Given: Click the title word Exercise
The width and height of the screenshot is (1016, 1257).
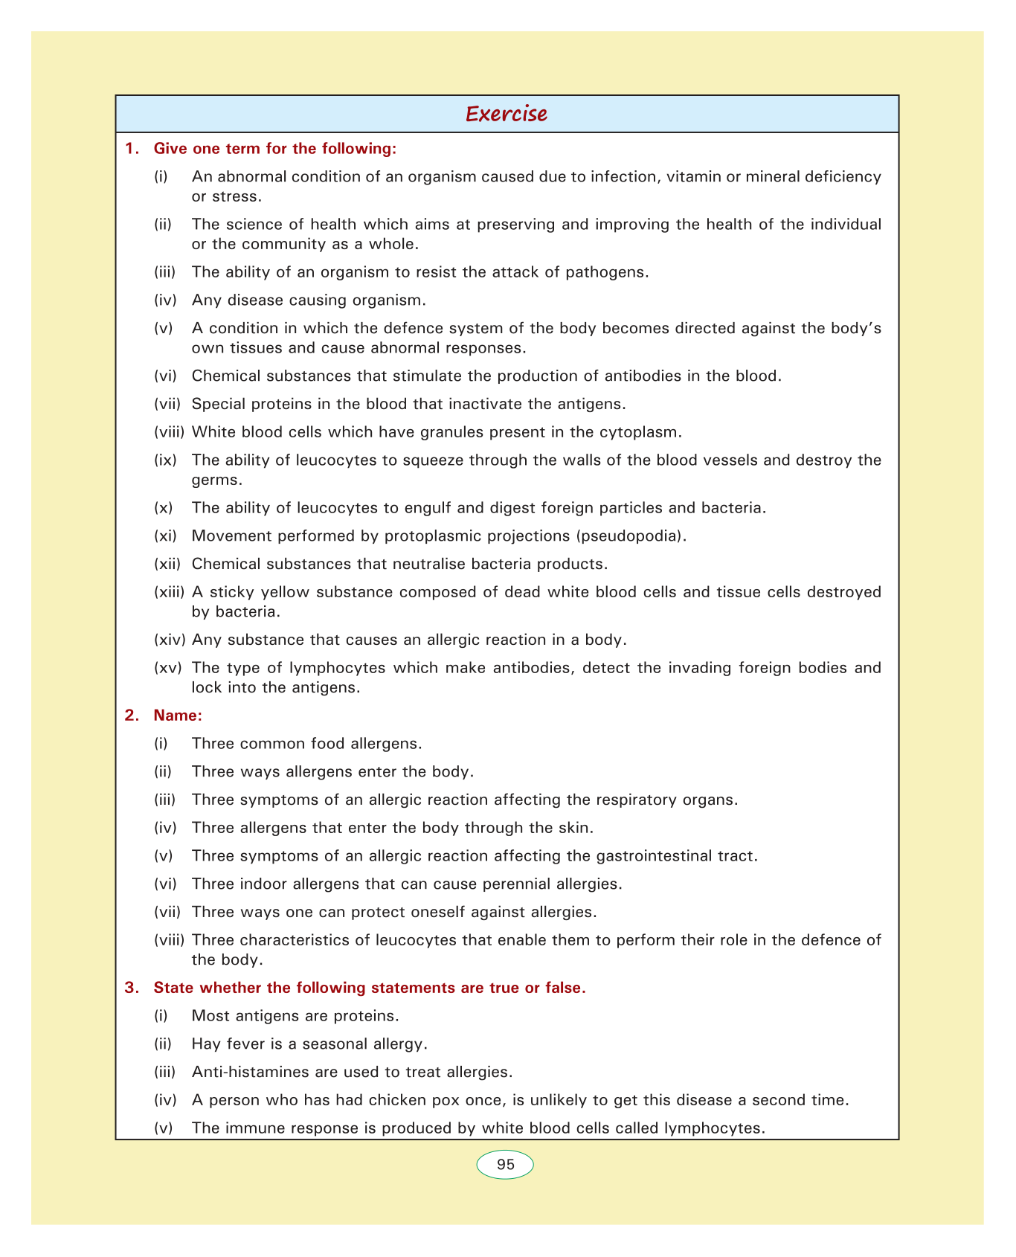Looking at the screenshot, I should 507,114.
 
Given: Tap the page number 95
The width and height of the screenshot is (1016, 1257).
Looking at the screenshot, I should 505,1165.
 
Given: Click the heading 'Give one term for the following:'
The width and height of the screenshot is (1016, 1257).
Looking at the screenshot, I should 275,149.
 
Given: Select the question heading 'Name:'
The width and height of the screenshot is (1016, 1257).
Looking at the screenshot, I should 178,715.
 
